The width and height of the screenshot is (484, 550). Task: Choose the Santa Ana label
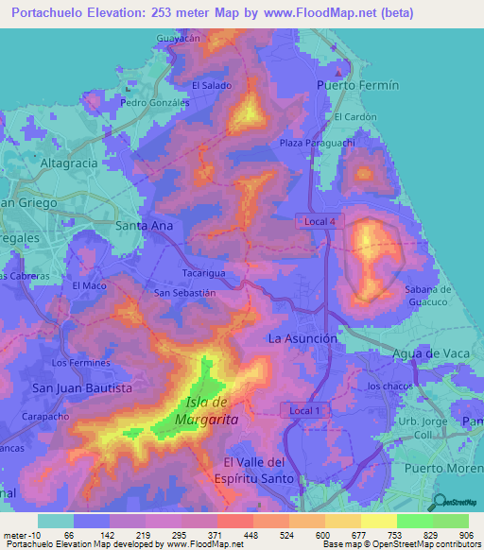pos(144,226)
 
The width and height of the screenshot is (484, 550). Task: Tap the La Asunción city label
pos(302,337)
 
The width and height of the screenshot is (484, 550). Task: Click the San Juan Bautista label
pos(81,387)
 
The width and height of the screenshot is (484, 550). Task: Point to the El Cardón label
pos(352,117)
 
